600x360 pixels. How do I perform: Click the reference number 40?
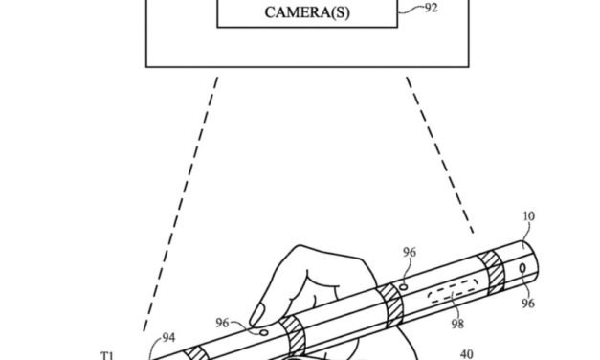pyautogui.click(x=466, y=351)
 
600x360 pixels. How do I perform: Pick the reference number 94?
pyautogui.click(x=168, y=338)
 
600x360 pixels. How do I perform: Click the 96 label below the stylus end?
pyautogui.click(x=528, y=303)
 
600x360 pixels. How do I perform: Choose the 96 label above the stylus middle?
pyautogui.click(x=410, y=254)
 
